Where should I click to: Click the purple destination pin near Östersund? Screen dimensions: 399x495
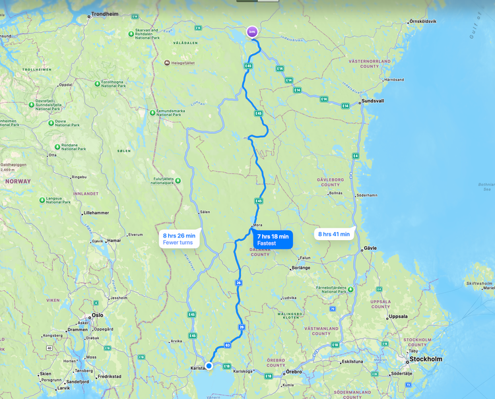[x=251, y=31]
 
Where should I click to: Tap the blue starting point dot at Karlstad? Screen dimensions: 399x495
[x=209, y=365]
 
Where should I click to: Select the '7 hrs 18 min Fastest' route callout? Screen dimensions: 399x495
[x=273, y=239]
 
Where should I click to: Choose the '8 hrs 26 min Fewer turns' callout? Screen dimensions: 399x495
[x=179, y=239]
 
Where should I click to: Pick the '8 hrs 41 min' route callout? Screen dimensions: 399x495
[x=333, y=233]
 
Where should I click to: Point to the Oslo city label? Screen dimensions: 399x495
[x=98, y=315]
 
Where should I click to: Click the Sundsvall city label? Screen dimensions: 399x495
[x=374, y=102]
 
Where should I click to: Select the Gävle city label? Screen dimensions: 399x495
[x=371, y=249]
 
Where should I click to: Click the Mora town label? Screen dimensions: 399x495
[x=258, y=225]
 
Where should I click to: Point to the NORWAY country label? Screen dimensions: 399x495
[x=18, y=181]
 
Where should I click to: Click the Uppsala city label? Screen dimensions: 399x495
[x=399, y=317]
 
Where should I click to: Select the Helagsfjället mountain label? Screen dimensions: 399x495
[x=183, y=63]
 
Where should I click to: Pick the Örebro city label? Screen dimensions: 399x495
[x=294, y=372]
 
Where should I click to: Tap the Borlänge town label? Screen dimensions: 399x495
[x=302, y=268]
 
